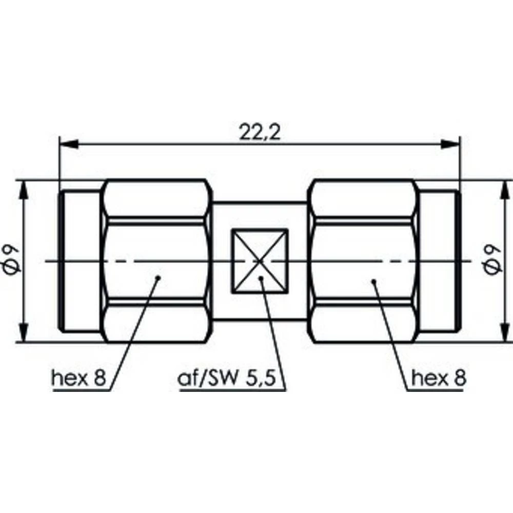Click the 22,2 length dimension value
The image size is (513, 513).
click(260, 132)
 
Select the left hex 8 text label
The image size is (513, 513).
click(78, 379)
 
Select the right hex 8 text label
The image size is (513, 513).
click(439, 379)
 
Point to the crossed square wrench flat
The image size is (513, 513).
click(260, 261)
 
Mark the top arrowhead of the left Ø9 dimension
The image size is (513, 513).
click(23, 187)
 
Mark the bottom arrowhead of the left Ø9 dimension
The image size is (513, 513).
click(23, 334)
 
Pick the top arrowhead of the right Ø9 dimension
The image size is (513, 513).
click(501, 187)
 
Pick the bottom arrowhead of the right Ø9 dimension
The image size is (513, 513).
click(501, 334)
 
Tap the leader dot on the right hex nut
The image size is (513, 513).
click(373, 281)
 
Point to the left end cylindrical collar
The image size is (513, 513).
click(80, 261)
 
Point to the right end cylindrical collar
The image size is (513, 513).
click(439, 261)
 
